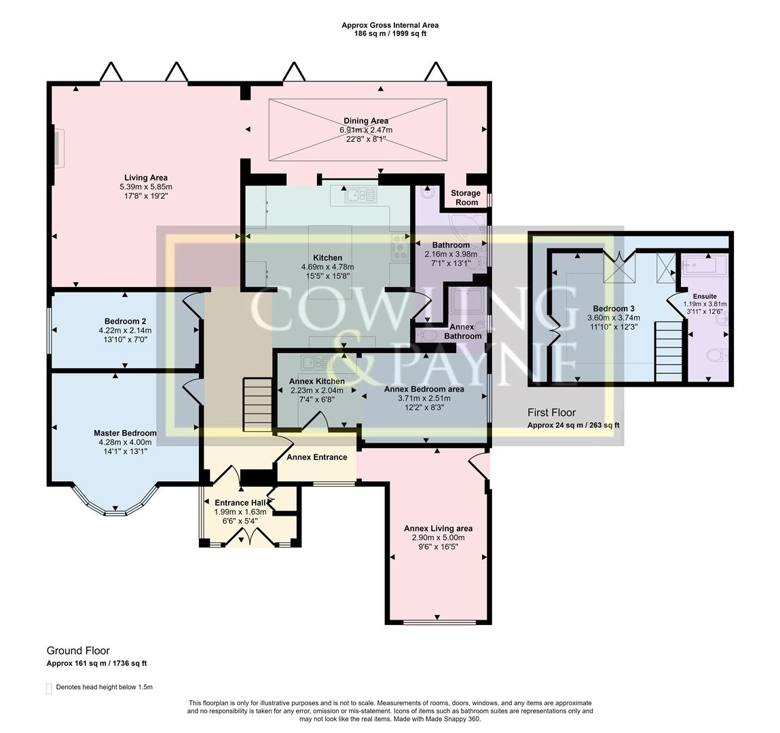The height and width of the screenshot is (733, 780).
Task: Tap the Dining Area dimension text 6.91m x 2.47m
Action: tap(366, 130)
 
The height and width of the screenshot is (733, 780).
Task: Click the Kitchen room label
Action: tap(327, 258)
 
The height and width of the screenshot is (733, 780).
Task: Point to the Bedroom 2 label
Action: tap(125, 321)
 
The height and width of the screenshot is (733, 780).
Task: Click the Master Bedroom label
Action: tap(125, 433)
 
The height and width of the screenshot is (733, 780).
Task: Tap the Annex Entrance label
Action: tap(317, 457)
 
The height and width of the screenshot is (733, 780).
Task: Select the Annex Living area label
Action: tap(438, 528)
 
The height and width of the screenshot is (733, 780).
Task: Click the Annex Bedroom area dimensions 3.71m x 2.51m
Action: tap(424, 398)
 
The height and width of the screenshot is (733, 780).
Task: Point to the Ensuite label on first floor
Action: tap(704, 296)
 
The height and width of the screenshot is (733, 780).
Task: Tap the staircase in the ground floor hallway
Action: tap(257, 405)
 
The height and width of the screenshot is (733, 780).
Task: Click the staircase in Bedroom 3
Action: tap(667, 351)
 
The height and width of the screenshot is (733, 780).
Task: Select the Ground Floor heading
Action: tap(78, 650)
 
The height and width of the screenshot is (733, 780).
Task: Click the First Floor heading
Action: tap(551, 413)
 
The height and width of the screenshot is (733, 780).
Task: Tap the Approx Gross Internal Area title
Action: tap(390, 25)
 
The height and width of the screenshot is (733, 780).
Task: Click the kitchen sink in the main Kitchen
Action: tap(361, 195)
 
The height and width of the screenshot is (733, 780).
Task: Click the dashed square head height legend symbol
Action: tap(48, 688)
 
